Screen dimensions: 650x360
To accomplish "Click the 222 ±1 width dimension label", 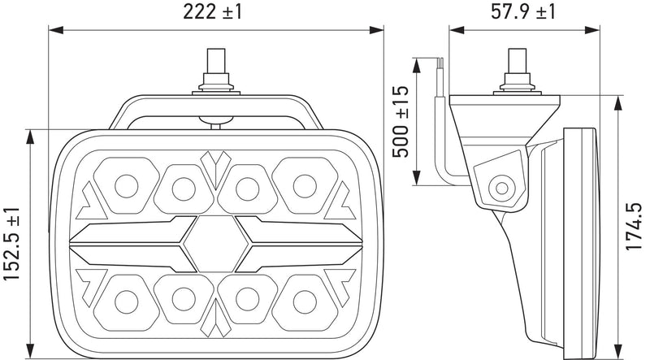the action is pyautogui.click(x=212, y=11).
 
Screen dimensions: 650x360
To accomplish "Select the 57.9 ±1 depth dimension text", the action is pyautogui.click(x=523, y=11).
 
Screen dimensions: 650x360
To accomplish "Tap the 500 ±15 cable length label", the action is pyautogui.click(x=401, y=122).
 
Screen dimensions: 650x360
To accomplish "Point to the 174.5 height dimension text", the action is pyautogui.click(x=634, y=227).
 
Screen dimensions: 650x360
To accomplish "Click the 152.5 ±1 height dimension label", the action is pyautogui.click(x=11, y=244).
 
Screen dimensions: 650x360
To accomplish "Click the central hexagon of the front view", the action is pyautogui.click(x=216, y=244).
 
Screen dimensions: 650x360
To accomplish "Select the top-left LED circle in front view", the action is pyautogui.click(x=127, y=186).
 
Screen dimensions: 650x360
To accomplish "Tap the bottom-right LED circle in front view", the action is pyautogui.click(x=305, y=302).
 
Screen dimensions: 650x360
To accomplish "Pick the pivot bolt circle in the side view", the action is pyautogui.click(x=501, y=189).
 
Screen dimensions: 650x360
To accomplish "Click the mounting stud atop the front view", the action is pyautogui.click(x=216, y=72).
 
